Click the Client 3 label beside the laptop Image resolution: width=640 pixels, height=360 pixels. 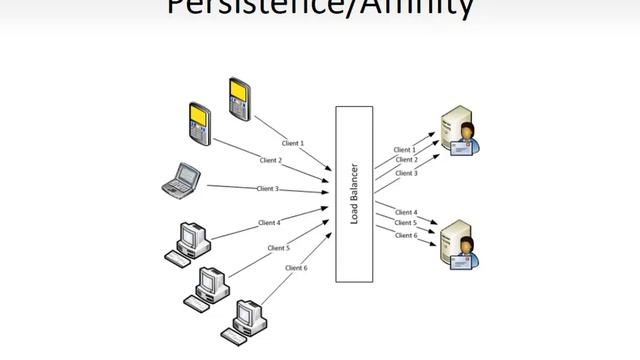268,188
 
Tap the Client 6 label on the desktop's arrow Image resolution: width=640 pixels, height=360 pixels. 296,268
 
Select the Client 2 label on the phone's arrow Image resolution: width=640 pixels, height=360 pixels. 270,160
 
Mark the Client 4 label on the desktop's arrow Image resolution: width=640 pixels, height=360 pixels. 268,222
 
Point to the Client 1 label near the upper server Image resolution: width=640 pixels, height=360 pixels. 406,149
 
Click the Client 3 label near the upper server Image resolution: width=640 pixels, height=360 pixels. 406,173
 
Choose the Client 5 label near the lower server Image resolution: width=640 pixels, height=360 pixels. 406,223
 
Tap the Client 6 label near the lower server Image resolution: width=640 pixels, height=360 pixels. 406,235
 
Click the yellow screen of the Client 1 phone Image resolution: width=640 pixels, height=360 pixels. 237,91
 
